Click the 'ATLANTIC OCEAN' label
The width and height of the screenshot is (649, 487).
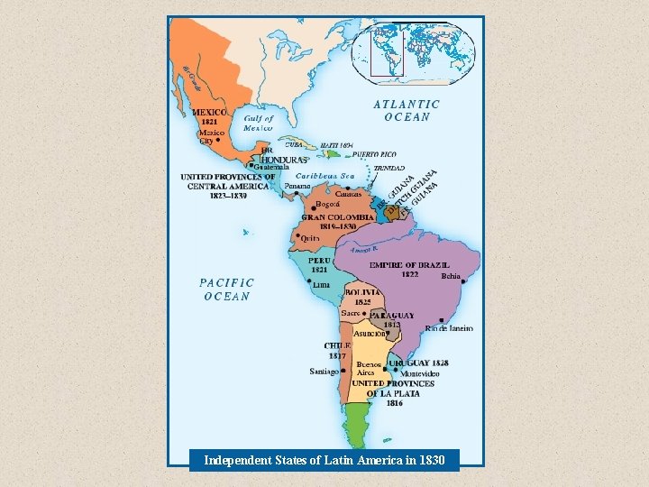tap(407, 110)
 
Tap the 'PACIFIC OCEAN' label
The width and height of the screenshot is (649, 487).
tap(226, 289)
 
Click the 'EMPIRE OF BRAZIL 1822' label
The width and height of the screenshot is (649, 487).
tap(409, 269)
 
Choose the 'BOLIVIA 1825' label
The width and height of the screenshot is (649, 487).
tap(362, 296)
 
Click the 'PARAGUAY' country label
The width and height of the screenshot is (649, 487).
tap(393, 316)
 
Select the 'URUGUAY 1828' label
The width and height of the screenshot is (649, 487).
tap(419, 363)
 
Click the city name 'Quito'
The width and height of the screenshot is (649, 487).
tap(310, 237)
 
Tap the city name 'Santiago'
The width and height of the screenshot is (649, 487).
tap(324, 372)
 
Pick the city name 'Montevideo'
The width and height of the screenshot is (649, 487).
tap(420, 373)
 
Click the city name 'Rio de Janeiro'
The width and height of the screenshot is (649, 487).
tap(449, 329)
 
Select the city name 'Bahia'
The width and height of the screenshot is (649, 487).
tap(451, 276)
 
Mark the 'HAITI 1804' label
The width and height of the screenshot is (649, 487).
tap(337, 144)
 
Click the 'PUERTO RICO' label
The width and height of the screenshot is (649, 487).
tap(376, 154)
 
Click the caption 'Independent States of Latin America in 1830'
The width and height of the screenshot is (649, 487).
tap(324, 461)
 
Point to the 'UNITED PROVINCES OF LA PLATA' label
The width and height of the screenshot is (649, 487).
tap(393, 389)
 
